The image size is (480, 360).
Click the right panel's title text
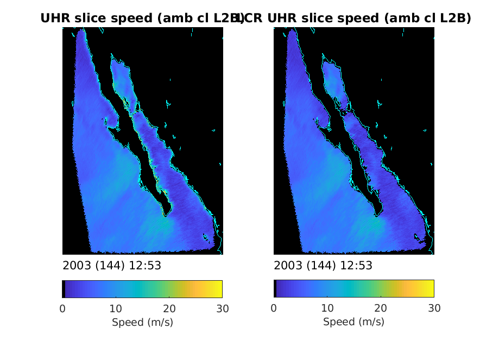coord(356,18)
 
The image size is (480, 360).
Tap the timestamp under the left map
coord(112,266)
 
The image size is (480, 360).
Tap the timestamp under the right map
coord(323,266)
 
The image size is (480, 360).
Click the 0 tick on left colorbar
coord(62,308)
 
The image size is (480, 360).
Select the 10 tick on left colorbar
coord(116,308)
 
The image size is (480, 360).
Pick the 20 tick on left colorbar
coord(169,308)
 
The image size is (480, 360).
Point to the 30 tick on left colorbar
coord(222,308)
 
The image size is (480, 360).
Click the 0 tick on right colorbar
coord(274,308)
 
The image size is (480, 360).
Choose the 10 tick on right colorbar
coord(327,308)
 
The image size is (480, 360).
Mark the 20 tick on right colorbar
coord(380,308)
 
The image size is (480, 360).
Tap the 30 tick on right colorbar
coord(433,308)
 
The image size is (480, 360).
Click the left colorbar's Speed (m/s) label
coord(142,322)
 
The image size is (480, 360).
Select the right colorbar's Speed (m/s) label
coord(353,322)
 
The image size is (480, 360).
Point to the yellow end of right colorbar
coord(431,289)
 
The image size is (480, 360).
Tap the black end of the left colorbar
coord(64,289)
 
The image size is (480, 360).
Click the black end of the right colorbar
coord(275,289)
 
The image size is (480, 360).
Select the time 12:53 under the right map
coord(358,266)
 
